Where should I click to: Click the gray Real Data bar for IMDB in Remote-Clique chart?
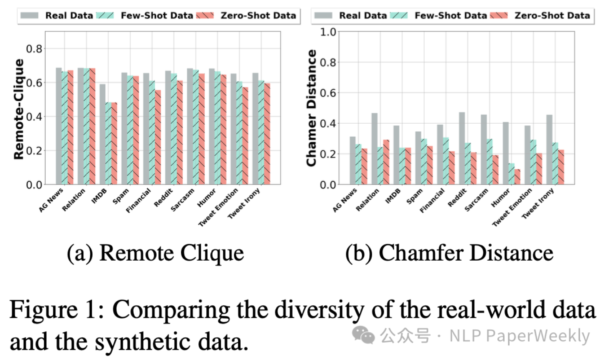[103, 134]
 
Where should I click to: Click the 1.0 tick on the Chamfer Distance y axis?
[328, 31]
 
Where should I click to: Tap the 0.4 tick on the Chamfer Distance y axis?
[328, 123]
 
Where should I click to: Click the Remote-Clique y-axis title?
[19, 109]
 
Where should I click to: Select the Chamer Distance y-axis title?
[311, 108]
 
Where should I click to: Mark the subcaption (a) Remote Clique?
[156, 253]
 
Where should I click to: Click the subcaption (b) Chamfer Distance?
[449, 253]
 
